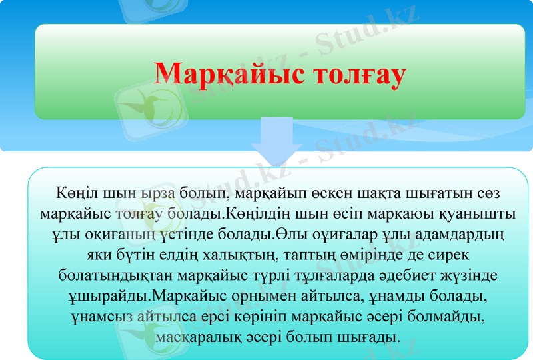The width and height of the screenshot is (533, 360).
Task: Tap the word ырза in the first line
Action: (163, 194)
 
